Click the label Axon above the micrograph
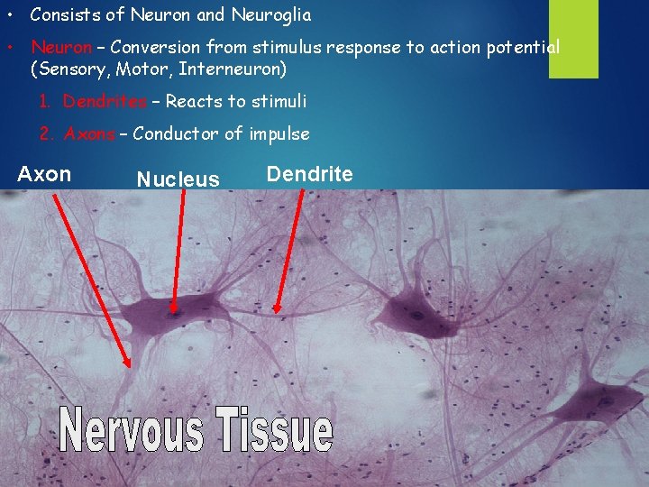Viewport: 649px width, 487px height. click(44, 174)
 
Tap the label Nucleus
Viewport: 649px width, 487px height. click(178, 179)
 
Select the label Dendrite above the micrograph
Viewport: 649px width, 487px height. click(309, 174)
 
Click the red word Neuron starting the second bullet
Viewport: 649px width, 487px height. click(61, 47)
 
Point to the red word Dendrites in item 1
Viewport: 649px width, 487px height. click(105, 101)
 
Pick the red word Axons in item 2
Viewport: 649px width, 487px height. click(89, 134)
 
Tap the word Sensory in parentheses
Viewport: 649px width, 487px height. click(70, 69)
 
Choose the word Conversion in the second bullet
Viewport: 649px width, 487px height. click(155, 47)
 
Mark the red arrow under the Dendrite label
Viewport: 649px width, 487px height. click(288, 253)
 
